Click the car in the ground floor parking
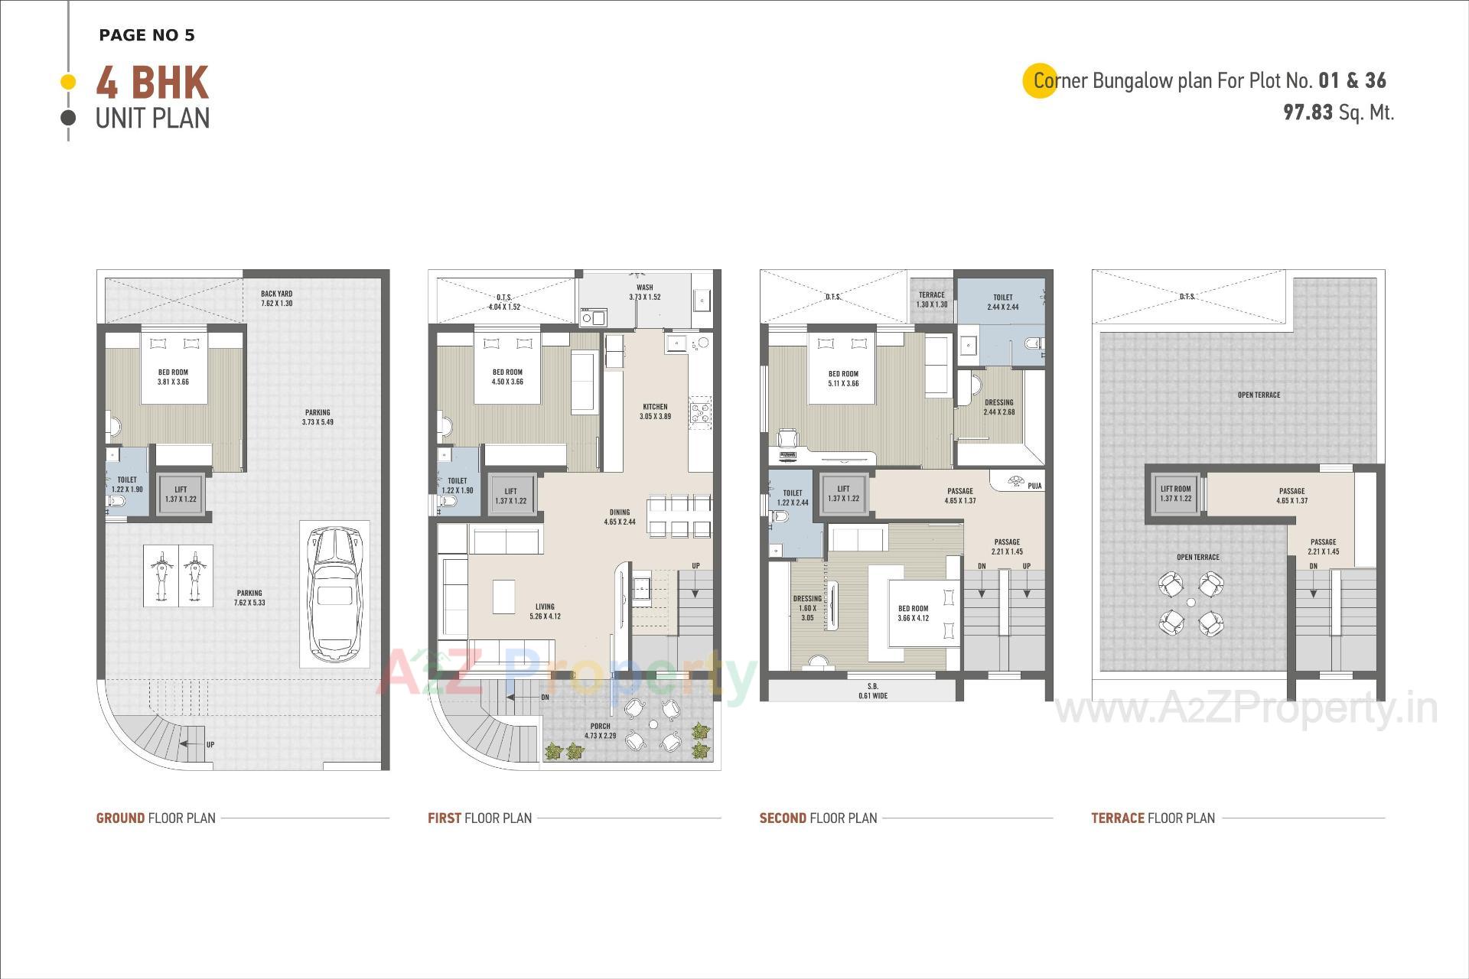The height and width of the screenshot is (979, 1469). coord(334,593)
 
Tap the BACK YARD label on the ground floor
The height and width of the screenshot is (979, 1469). coord(276,298)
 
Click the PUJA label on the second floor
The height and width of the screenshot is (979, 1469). coord(1034,486)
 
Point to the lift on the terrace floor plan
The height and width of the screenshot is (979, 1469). coord(1175,493)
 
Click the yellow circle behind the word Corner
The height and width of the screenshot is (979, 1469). coord(1040,80)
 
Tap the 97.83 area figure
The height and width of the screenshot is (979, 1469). coord(1308,112)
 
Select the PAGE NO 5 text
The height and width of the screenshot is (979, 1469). coord(147,35)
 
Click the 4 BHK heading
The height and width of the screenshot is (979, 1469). coord(152,83)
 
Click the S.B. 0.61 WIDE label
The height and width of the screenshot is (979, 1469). coord(873,691)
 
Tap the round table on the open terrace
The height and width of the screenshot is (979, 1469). coord(1191,603)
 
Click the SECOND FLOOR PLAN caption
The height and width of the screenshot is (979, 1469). coord(818,818)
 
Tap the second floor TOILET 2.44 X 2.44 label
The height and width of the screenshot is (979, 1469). coord(1002,302)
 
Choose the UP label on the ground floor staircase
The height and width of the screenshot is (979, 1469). coord(210,744)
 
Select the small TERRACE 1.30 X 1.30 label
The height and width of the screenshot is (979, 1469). coord(931,299)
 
